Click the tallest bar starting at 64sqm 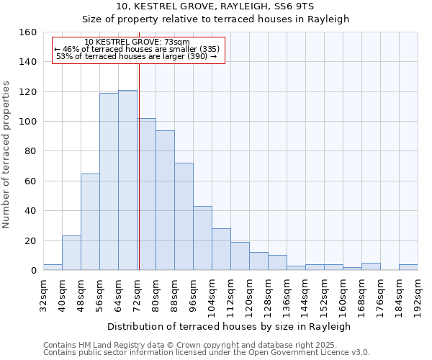pos(127,180)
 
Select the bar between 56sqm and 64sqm pos(109,181)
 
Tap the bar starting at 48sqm pos(90,222)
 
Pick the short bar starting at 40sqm pos(71,253)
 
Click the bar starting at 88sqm pos(184,217)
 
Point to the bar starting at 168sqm pos(371,266)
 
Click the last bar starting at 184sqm pos(408,267)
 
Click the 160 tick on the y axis pos(27,32)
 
